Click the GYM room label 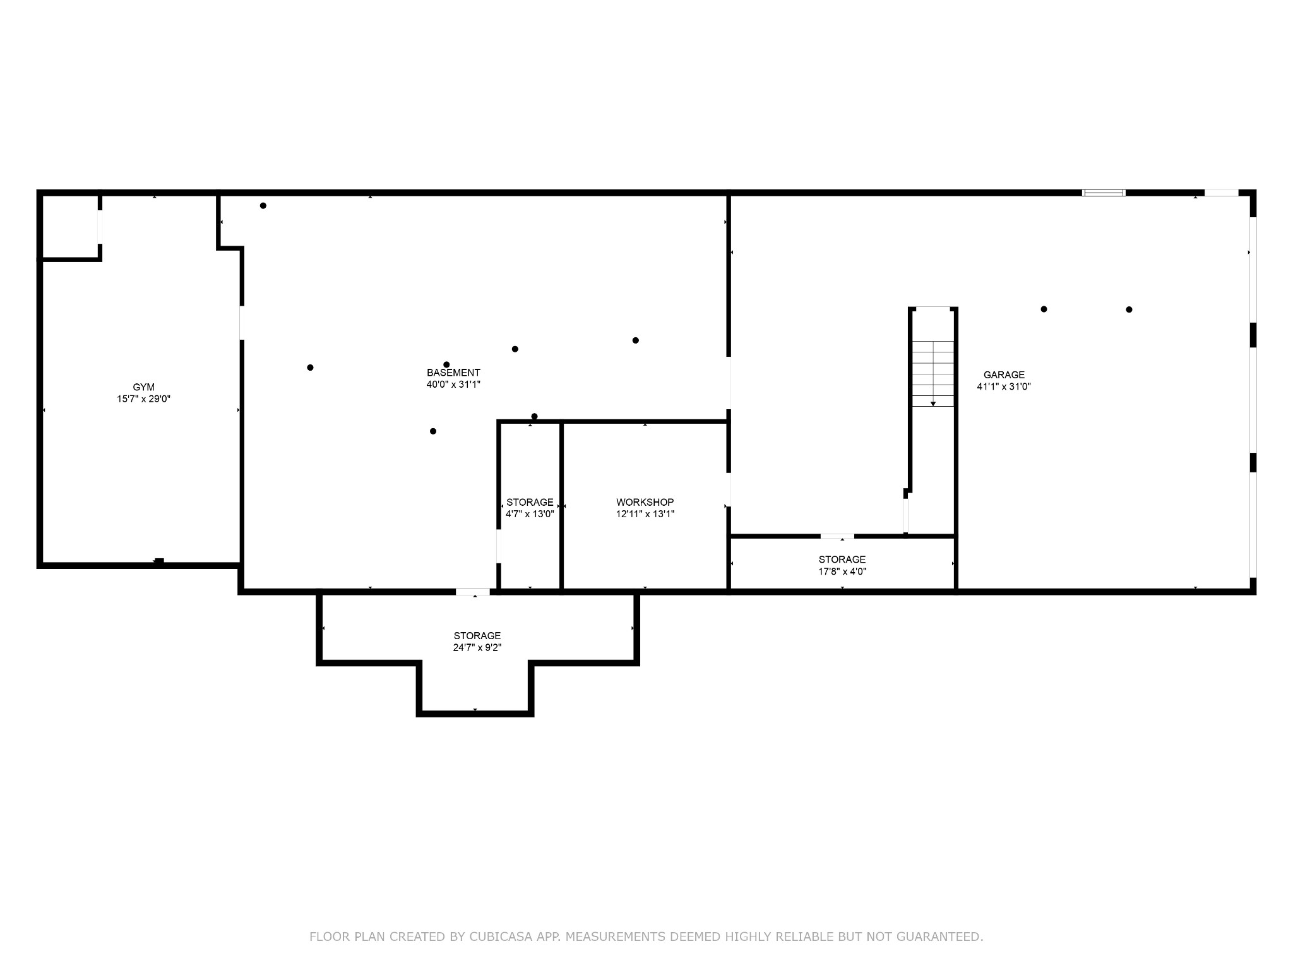143,387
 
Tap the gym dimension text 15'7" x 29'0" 143,399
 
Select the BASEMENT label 453,373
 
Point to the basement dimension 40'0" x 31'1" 453,384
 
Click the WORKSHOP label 645,502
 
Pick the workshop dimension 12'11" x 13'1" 645,514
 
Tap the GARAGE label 1004,375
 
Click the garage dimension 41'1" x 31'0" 1004,386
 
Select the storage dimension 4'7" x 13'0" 530,514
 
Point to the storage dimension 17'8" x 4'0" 842,572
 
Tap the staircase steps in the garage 933,373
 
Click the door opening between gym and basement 241,323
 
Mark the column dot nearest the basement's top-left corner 263,206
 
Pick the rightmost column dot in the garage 1129,309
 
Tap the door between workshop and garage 729,489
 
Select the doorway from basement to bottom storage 473,592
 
